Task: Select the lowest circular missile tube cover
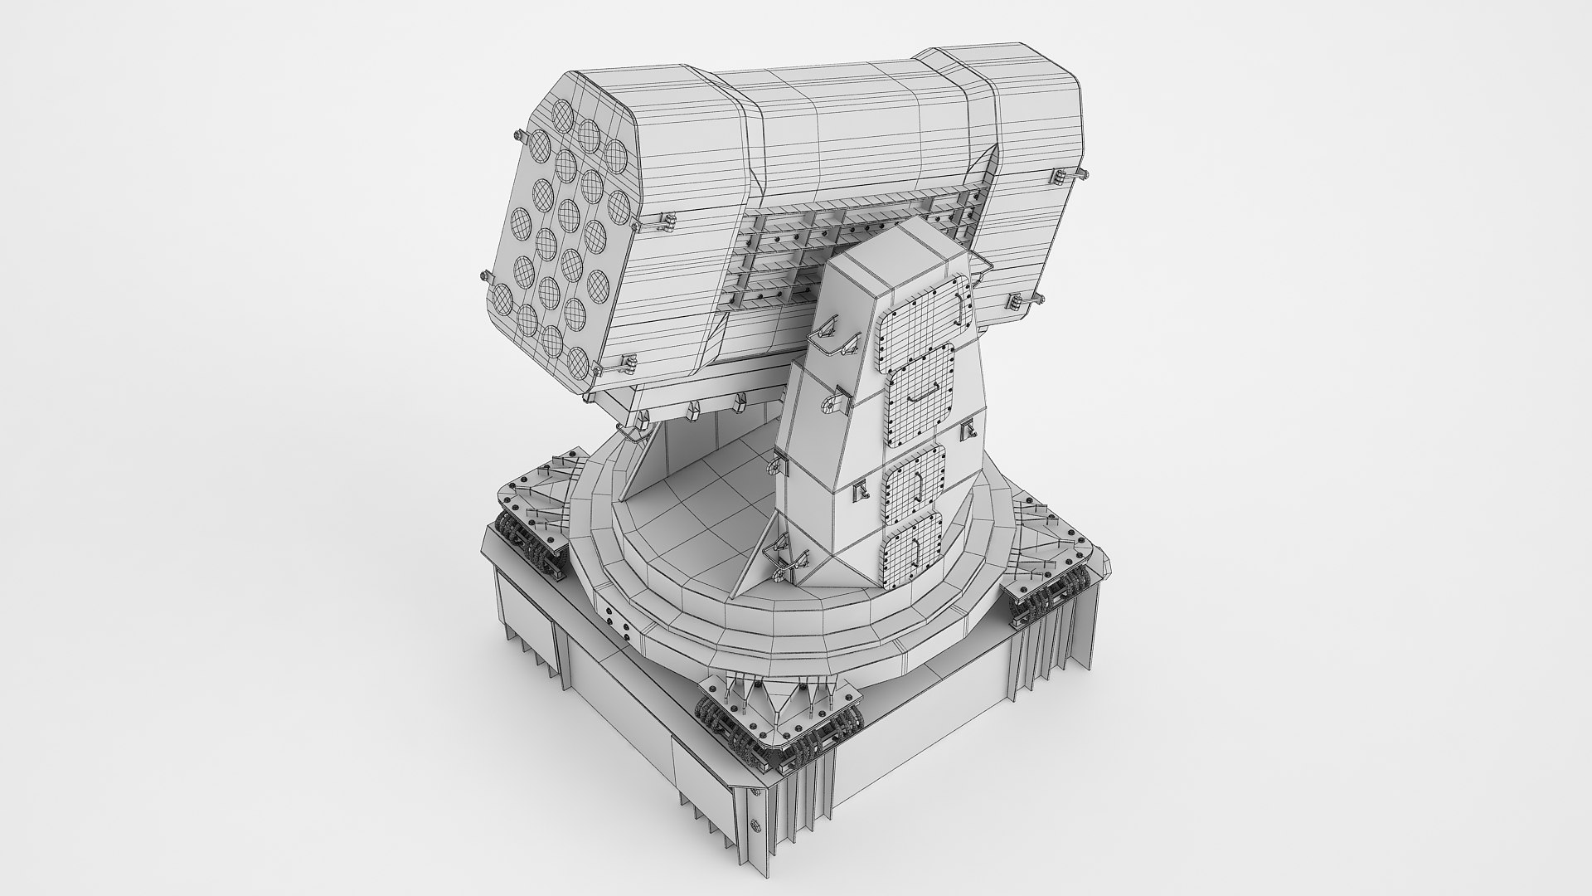point(578,360)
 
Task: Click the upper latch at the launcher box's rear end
point(1062,176)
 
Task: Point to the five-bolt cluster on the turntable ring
point(614,618)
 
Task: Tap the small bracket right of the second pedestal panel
point(967,431)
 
